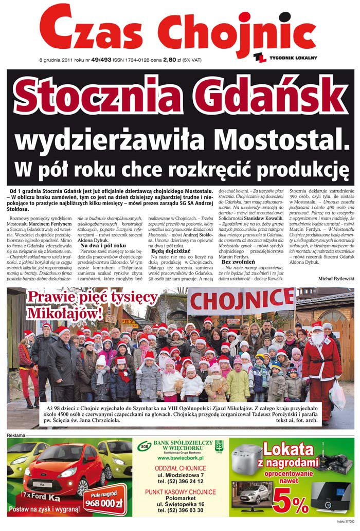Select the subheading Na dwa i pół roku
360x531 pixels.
click(103, 246)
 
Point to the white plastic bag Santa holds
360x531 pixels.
click(337, 395)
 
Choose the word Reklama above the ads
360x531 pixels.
click(16, 435)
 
